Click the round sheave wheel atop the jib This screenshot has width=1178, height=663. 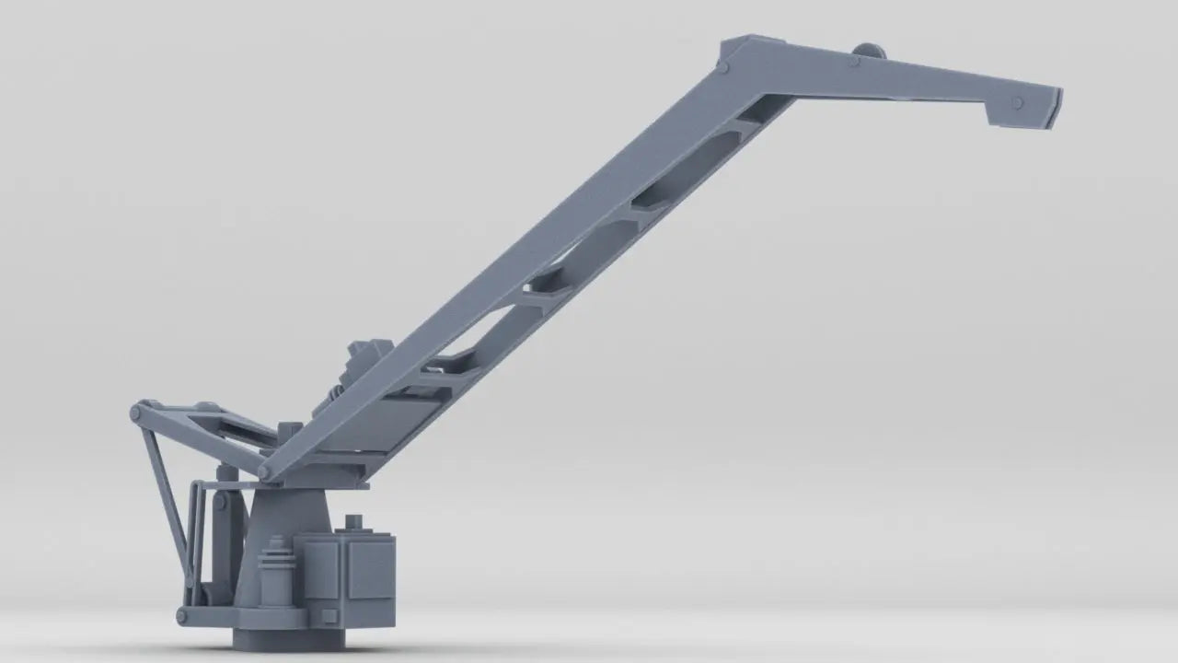click(868, 52)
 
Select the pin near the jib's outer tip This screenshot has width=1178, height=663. click(1017, 102)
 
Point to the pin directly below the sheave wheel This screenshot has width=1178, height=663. click(855, 63)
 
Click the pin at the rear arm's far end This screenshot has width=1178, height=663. click(136, 412)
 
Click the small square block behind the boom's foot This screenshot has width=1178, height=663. click(289, 431)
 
